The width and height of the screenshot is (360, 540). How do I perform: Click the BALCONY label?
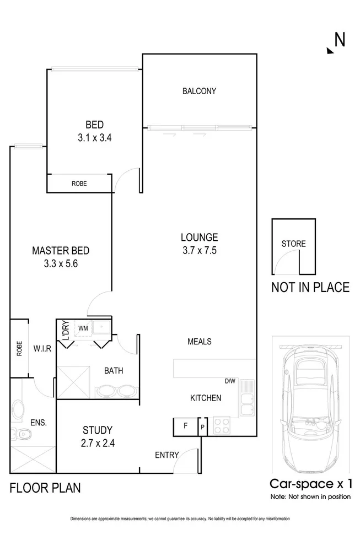click(199, 91)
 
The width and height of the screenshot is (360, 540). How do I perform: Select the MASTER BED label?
click(61, 251)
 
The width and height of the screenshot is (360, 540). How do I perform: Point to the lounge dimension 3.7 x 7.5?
click(199, 251)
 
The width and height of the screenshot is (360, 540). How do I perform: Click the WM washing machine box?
click(83, 328)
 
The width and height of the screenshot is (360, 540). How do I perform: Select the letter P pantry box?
click(202, 427)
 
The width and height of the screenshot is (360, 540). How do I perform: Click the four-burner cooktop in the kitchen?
click(221, 425)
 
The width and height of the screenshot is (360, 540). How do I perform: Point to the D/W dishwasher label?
click(230, 381)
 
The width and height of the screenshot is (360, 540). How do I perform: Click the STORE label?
click(293, 244)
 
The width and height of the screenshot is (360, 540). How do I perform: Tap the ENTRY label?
click(166, 455)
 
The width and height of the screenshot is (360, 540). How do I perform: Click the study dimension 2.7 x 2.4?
click(98, 442)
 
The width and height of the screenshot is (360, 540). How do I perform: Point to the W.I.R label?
click(42, 349)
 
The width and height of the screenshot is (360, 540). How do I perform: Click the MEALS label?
click(199, 342)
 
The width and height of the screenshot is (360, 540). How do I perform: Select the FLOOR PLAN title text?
click(45, 488)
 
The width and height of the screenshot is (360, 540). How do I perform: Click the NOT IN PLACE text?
click(310, 287)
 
